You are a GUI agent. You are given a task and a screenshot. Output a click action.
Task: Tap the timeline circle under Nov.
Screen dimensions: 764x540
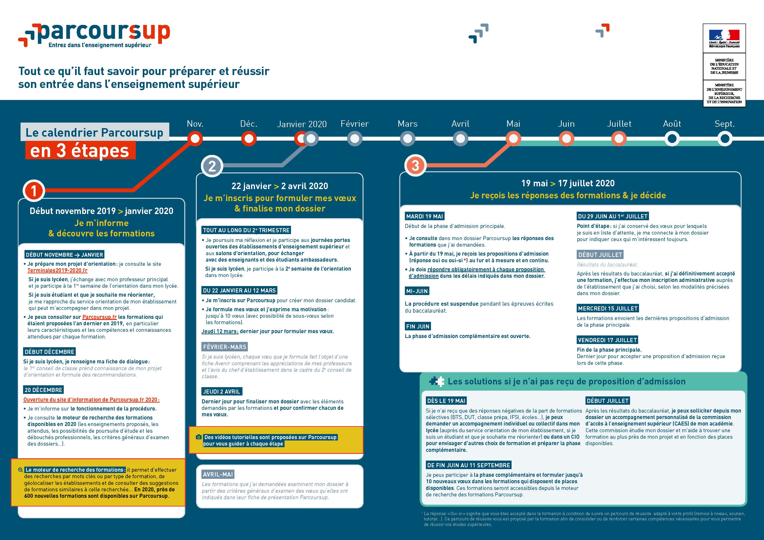pos(195,139)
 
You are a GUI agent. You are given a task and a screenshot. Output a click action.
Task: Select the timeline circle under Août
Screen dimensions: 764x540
pos(672,139)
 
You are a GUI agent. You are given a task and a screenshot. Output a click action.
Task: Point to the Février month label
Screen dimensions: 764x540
pos(355,124)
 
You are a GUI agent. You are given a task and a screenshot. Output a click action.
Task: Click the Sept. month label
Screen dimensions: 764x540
pos(725,124)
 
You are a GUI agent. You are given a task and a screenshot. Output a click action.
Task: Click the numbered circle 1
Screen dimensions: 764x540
pos(34,191)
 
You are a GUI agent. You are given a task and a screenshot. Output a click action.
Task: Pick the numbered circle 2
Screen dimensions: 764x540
pos(212,166)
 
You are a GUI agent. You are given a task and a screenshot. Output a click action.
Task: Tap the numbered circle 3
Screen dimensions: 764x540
pos(415,165)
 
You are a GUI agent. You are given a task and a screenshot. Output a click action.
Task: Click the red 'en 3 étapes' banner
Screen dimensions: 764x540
pos(80,150)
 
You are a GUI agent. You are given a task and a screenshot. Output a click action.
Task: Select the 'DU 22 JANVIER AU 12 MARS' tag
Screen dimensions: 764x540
pos(240,290)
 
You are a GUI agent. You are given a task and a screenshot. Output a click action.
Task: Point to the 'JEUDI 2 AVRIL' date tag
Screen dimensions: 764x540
pos(222,392)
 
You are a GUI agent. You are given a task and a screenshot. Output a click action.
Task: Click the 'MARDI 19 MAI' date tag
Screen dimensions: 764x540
pos(424,217)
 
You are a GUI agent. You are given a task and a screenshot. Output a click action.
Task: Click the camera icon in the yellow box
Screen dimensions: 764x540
pos(199,437)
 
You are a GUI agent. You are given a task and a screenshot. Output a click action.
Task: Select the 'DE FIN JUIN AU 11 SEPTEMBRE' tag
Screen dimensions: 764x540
pos(469,465)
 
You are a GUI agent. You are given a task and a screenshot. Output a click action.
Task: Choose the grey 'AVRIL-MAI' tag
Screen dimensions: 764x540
pos(218,474)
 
